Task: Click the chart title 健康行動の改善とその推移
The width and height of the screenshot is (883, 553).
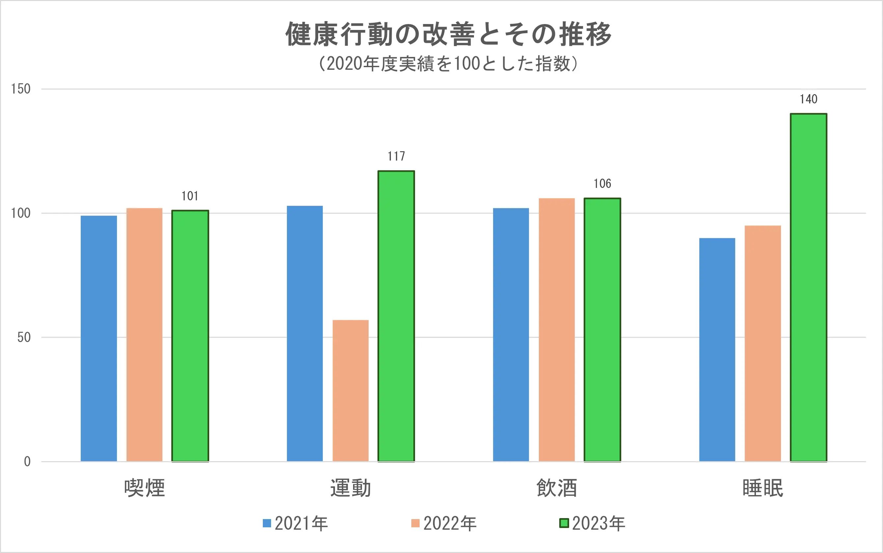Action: pyautogui.click(x=448, y=34)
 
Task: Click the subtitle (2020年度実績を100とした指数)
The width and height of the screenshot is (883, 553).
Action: pyautogui.click(x=448, y=64)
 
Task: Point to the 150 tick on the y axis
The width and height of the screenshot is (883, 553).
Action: pyautogui.click(x=20, y=89)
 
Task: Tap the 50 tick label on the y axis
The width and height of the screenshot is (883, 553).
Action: pyautogui.click(x=24, y=337)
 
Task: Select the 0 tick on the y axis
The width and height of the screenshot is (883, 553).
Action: pyautogui.click(x=27, y=461)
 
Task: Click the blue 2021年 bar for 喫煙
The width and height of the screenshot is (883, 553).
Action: pyautogui.click(x=99, y=338)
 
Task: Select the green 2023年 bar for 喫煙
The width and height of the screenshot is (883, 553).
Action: pyautogui.click(x=190, y=336)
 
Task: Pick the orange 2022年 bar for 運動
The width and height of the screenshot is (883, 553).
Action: pyautogui.click(x=350, y=391)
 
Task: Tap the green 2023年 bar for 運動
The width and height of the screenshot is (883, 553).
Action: pyautogui.click(x=396, y=316)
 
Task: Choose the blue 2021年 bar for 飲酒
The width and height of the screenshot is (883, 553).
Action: pyautogui.click(x=511, y=335)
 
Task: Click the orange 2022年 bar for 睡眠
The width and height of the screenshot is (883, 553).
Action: pyautogui.click(x=762, y=343)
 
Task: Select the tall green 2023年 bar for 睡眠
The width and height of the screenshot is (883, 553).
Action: pyautogui.click(x=808, y=287)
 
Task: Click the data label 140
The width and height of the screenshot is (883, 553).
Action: pyautogui.click(x=808, y=99)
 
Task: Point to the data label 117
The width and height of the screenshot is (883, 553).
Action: pyautogui.click(x=396, y=157)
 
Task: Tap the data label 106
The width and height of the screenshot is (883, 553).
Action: pyautogui.click(x=602, y=184)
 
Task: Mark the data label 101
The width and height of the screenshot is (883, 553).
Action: pyautogui.click(x=190, y=196)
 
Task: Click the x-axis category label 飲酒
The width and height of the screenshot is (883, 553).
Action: pyautogui.click(x=557, y=488)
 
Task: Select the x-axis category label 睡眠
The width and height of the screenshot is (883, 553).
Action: pyautogui.click(x=762, y=488)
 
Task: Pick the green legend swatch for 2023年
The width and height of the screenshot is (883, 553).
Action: pyautogui.click(x=564, y=523)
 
